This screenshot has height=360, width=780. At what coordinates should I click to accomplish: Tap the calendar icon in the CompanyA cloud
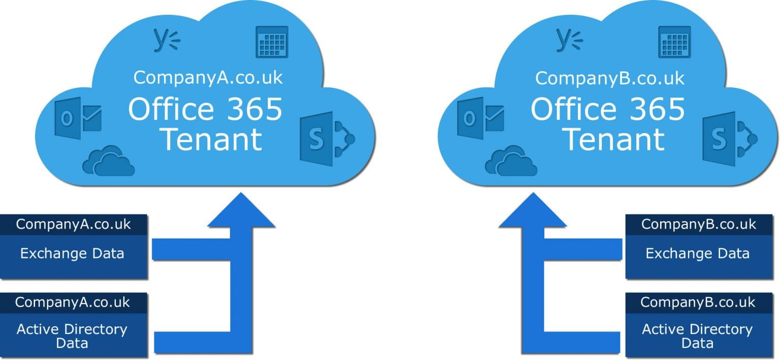[272, 42]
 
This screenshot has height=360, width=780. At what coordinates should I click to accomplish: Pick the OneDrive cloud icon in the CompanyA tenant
[109, 161]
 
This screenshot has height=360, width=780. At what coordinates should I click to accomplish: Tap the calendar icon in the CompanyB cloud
[674, 42]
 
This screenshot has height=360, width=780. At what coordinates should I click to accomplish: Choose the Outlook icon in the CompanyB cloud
[480, 118]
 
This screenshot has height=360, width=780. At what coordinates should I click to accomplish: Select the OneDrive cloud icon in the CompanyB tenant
[511, 161]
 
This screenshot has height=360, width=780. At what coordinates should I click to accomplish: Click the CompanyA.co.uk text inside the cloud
[208, 78]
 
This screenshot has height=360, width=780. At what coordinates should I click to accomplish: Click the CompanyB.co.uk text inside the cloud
[610, 78]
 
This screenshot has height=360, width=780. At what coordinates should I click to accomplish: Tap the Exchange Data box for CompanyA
[73, 253]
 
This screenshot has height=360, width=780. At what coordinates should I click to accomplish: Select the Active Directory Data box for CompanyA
[73, 336]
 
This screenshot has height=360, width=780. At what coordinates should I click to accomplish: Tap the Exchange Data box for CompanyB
[698, 253]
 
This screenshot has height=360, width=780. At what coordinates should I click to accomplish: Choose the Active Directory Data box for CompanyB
[698, 336]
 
